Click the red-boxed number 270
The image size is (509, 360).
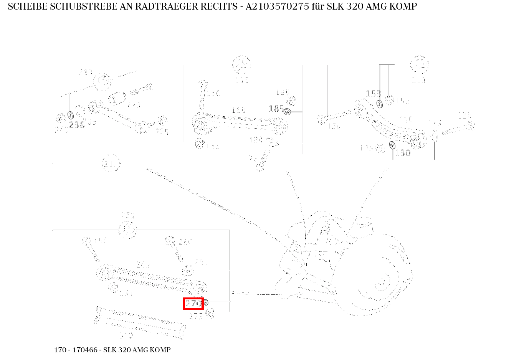[193, 304]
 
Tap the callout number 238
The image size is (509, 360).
[77, 125]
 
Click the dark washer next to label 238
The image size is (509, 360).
[71, 115]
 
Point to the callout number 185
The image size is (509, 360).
[276, 109]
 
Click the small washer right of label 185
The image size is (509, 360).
[287, 112]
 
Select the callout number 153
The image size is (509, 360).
[373, 94]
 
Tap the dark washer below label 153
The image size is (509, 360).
[380, 104]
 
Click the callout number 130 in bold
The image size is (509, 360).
[403, 153]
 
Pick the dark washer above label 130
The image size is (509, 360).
[392, 145]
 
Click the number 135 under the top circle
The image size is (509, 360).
[241, 80]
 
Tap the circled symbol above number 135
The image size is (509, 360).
[241, 65]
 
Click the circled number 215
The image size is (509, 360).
[111, 164]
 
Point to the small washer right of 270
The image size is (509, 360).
[205, 303]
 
